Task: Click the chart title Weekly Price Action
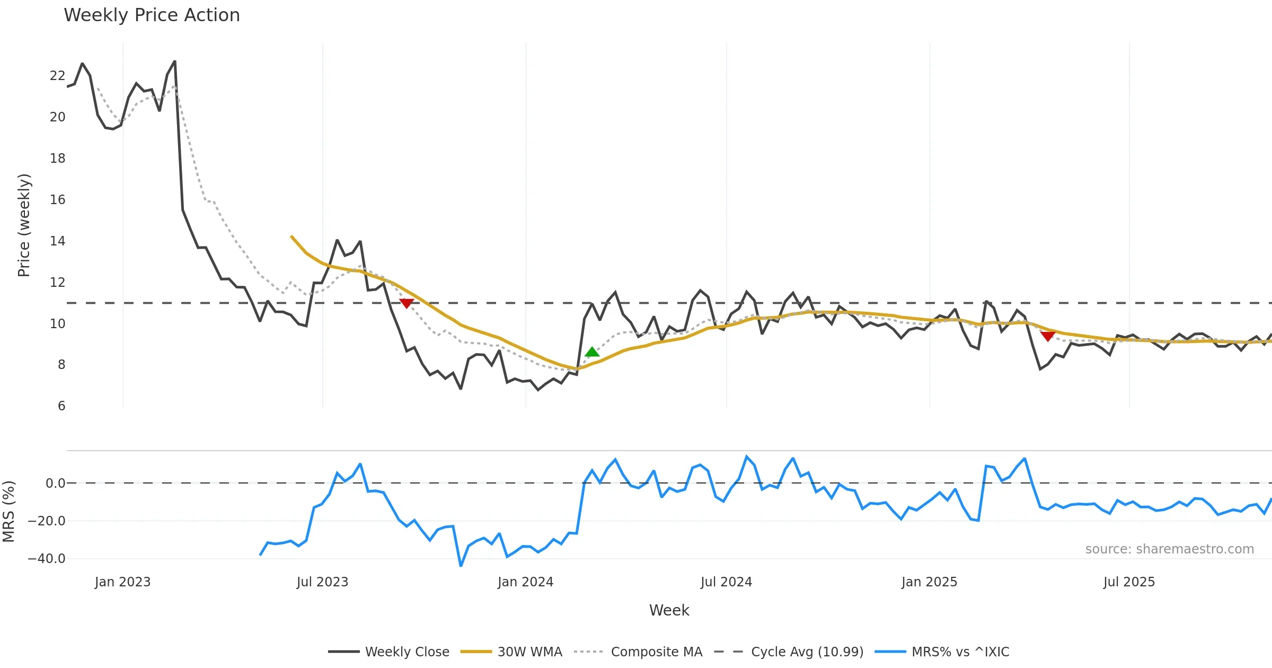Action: (152, 15)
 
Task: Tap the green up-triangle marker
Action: (592, 351)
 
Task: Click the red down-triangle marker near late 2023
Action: (407, 303)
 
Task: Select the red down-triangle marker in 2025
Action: (1047, 336)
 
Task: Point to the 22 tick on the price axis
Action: (57, 76)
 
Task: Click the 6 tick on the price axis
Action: (61, 406)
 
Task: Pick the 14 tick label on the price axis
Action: (57, 241)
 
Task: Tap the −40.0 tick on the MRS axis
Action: (47, 559)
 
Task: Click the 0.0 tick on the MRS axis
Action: (55, 484)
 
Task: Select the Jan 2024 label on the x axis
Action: (525, 582)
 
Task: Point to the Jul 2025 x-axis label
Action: (1129, 582)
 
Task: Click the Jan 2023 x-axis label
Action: (122, 582)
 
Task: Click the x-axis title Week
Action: (669, 611)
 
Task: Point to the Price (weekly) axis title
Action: (24, 225)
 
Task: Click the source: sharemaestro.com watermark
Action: (1169, 549)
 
